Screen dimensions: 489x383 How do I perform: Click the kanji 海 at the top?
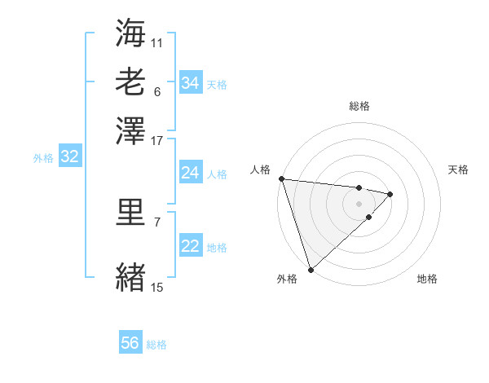130,33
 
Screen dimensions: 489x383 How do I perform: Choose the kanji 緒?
130,277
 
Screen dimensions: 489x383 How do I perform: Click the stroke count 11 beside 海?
157,42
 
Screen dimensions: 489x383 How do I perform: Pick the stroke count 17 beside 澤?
157,140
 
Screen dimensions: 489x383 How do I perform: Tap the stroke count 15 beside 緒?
157,287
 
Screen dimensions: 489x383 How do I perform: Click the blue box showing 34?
190,83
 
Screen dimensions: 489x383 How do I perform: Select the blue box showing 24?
190,173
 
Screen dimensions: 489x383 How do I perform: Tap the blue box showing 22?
190,246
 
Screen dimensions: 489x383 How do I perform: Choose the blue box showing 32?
69,157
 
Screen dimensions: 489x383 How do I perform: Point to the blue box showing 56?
130,343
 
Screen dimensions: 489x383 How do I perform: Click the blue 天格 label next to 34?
217,84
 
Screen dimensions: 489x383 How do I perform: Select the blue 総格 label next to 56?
156,345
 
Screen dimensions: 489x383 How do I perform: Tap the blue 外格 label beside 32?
43,158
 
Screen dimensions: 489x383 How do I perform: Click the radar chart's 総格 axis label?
359,106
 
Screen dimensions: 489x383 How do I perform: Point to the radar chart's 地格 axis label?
427,279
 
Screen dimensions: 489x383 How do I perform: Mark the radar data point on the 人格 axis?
280,178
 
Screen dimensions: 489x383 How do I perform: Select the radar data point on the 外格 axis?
311,269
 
